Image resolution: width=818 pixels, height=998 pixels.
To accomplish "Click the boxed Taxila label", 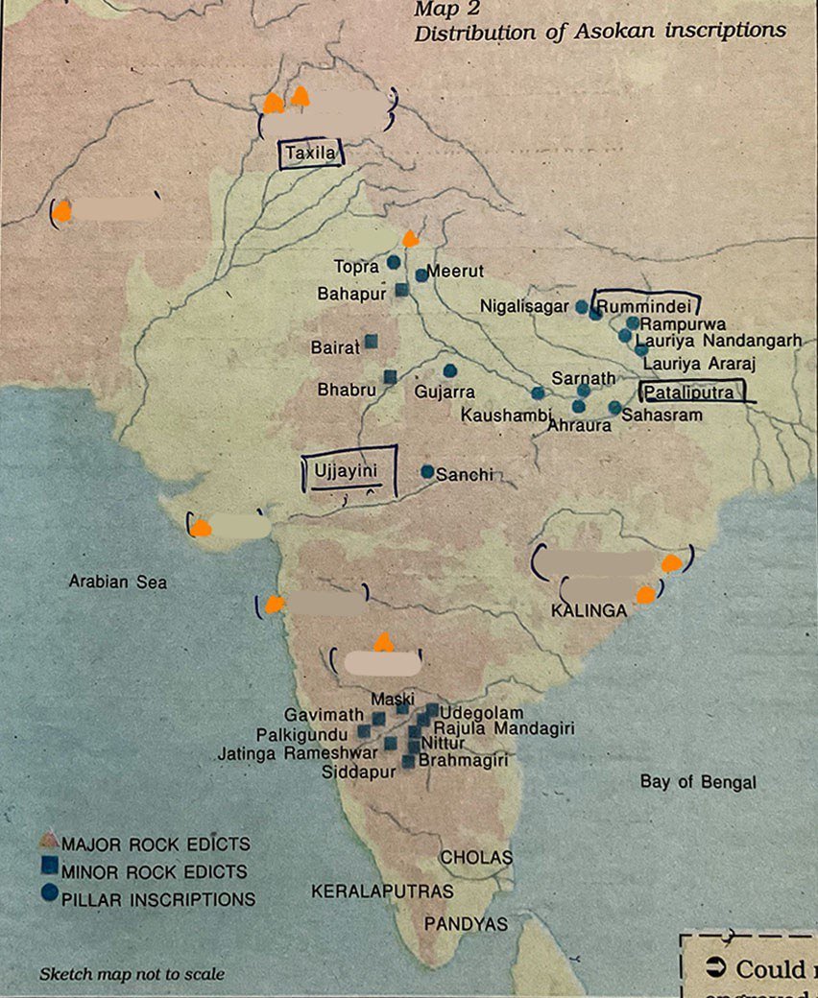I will coord(309,154).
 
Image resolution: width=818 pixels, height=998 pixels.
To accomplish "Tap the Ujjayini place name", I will coord(343,470).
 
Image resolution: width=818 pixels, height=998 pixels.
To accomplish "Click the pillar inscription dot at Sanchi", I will coord(427,471).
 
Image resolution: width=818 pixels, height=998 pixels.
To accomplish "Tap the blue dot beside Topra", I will coord(394,262).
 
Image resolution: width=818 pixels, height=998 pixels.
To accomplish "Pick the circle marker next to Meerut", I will coord(421,275).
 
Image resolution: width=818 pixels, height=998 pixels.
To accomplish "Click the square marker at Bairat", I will coord(371,341).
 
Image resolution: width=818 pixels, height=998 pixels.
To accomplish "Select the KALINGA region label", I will coord(589,610).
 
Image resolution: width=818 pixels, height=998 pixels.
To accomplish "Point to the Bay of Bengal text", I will coord(698,782).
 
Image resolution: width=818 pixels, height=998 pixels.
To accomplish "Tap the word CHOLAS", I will coord(476,857).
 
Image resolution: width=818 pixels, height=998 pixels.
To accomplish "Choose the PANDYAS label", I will coord(466,924).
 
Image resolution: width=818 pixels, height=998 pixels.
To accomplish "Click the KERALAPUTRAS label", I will coord(382,891).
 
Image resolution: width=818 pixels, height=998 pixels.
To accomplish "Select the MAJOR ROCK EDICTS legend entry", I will coord(156,844).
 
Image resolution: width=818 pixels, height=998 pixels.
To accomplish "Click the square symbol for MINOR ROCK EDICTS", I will coord(48,869).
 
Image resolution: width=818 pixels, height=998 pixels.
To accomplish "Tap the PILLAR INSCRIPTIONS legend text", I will coord(157,899).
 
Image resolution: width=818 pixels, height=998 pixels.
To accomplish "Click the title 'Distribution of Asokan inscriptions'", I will coord(599,31).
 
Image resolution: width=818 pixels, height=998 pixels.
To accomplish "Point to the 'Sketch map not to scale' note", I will coord(132,974).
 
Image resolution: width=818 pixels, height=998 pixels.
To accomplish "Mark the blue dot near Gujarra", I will coord(449,370).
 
